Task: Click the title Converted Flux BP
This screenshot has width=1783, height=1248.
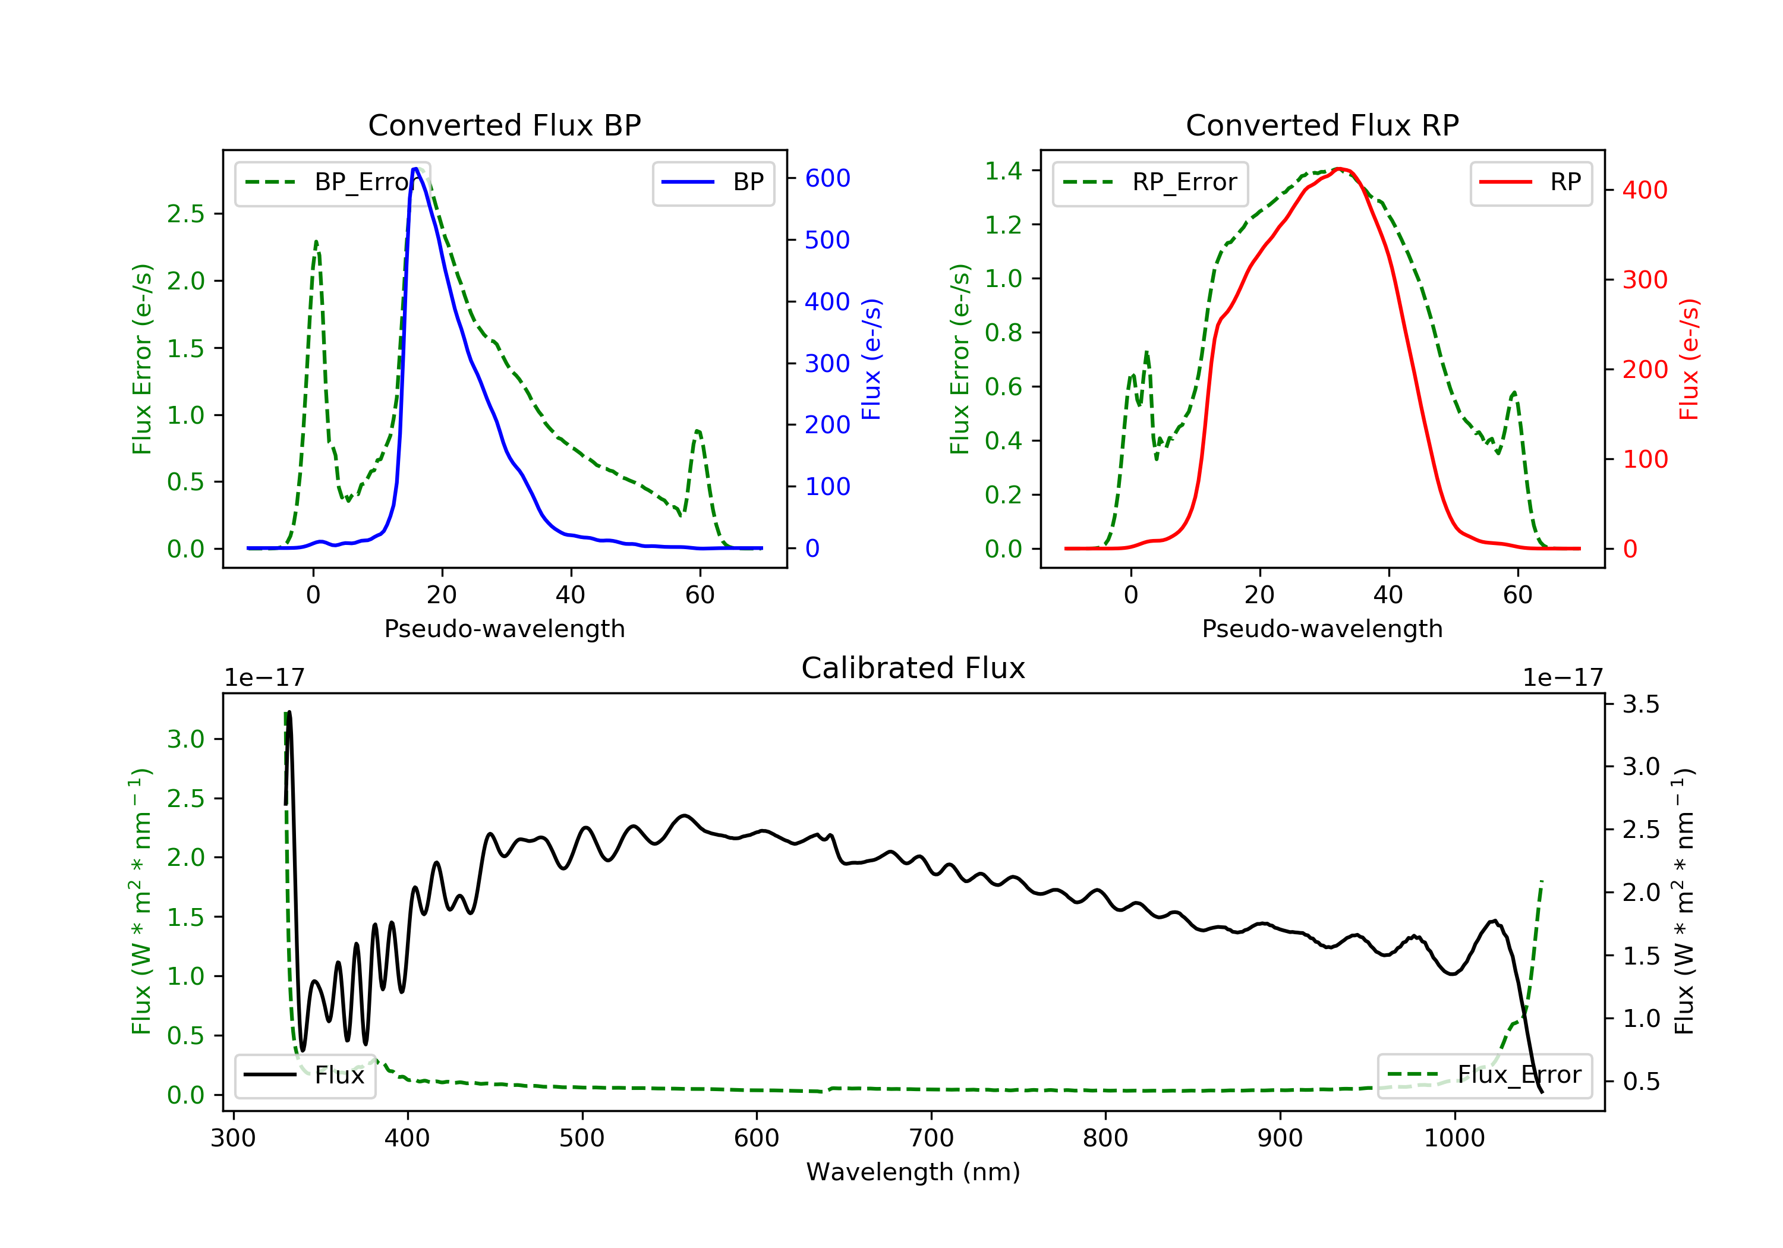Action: click(505, 125)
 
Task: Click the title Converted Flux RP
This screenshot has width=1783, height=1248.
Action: click(1322, 125)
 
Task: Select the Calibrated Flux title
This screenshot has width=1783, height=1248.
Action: click(913, 668)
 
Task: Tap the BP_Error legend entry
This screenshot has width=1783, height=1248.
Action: click(332, 182)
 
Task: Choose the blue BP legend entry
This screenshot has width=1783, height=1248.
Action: click(713, 182)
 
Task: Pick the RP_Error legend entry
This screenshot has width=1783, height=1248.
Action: click(1150, 182)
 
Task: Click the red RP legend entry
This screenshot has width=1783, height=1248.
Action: click(1530, 182)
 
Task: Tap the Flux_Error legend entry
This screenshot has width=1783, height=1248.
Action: click(1485, 1075)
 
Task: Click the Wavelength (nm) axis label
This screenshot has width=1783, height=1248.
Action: click(913, 1172)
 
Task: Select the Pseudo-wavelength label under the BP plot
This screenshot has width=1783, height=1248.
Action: click(505, 628)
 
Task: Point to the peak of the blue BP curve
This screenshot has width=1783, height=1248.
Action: click(415, 169)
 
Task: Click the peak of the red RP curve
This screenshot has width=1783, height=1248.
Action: click(1339, 169)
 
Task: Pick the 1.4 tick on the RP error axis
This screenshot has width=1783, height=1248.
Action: click(1003, 171)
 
